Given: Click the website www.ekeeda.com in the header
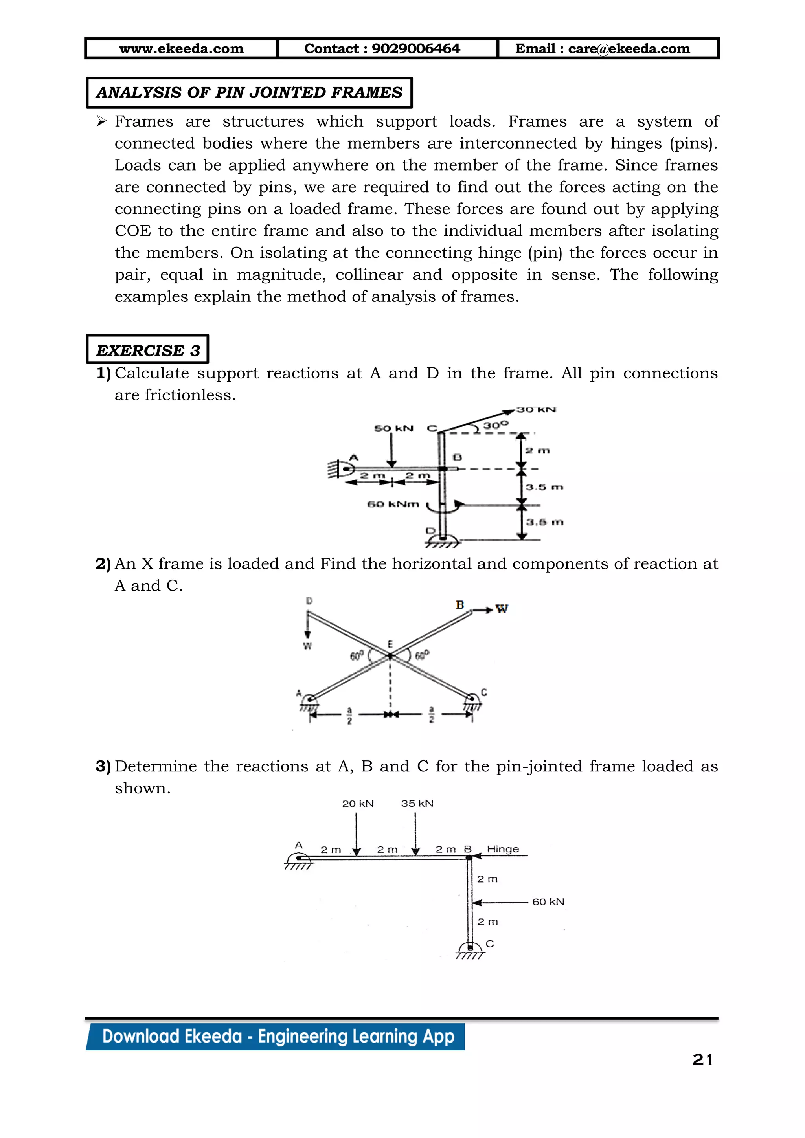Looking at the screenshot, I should point(182,49).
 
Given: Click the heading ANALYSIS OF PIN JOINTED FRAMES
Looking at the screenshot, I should point(249,93).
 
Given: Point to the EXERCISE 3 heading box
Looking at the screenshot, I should point(148,350).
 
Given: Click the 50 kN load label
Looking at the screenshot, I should point(393,428).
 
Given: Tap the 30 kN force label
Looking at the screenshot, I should point(536,409).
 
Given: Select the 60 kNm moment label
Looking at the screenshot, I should point(393,504).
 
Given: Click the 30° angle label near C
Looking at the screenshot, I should point(496,425).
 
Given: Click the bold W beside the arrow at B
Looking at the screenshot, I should point(502,609).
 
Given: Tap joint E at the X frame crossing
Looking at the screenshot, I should point(390,656).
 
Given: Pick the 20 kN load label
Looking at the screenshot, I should point(358,804).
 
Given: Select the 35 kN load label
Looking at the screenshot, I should point(417,804).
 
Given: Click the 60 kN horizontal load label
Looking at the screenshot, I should point(548,901).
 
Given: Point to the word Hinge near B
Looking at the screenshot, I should point(503,849).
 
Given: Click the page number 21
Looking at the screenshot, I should point(703,1060).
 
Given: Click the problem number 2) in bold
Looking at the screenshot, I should point(103,564).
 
